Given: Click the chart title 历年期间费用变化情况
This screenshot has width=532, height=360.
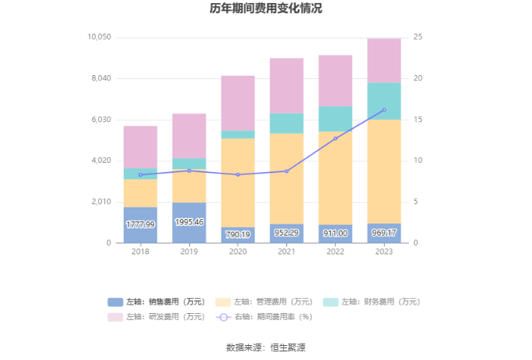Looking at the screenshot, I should tap(265, 9).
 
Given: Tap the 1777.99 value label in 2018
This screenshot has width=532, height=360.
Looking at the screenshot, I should tap(140, 225).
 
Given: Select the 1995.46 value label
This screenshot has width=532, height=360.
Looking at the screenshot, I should tap(189, 222).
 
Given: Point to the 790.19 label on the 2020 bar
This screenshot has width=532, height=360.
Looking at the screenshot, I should tap(238, 234).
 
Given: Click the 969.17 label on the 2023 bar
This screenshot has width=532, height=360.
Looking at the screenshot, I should tap(384, 233).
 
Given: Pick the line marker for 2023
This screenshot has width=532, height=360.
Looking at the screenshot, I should tap(384, 110).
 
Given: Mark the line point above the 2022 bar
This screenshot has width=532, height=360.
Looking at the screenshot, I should tap(336, 139).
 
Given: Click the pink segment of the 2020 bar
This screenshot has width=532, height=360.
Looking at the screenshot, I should tap(238, 103).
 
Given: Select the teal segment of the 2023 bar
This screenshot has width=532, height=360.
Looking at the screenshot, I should tap(384, 101).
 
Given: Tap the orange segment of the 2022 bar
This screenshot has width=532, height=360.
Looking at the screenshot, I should tap(336, 178).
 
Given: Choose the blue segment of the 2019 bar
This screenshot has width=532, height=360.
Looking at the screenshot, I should tap(189, 223).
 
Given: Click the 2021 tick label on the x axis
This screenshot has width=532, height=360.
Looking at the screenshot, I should tap(286, 251).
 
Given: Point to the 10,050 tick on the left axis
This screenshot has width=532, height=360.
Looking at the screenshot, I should tap(99, 38).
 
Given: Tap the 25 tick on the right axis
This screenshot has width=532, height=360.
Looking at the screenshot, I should tap(418, 38).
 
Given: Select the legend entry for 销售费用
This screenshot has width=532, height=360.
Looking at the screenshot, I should tap(156, 302).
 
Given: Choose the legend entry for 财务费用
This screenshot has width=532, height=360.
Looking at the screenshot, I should tap(372, 302).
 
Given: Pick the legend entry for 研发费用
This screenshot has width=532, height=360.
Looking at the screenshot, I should tap(156, 317).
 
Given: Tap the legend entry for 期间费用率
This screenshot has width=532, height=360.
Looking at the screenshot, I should tap(264, 317).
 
